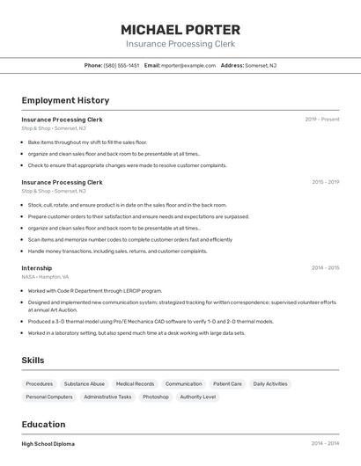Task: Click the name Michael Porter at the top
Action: [x=180, y=29]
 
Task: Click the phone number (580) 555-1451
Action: [x=122, y=65]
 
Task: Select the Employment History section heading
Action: [x=65, y=100]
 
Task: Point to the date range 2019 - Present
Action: [x=322, y=119]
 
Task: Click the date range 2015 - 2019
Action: [x=325, y=182]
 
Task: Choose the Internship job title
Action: [x=37, y=268]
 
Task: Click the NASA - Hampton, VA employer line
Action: [x=45, y=276]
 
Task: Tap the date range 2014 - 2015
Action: [x=325, y=268]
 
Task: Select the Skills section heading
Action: [x=33, y=360]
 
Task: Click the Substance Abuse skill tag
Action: [x=85, y=384]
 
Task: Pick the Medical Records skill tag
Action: [x=135, y=384]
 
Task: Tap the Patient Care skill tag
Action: [x=227, y=384]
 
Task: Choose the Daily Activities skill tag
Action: [x=270, y=384]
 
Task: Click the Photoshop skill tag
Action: [x=156, y=397]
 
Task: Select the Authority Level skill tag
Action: [x=197, y=397]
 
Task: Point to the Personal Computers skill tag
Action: [x=49, y=397]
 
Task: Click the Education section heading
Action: [x=43, y=424]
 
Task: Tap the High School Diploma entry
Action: [x=48, y=444]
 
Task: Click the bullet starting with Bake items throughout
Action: [x=87, y=142]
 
